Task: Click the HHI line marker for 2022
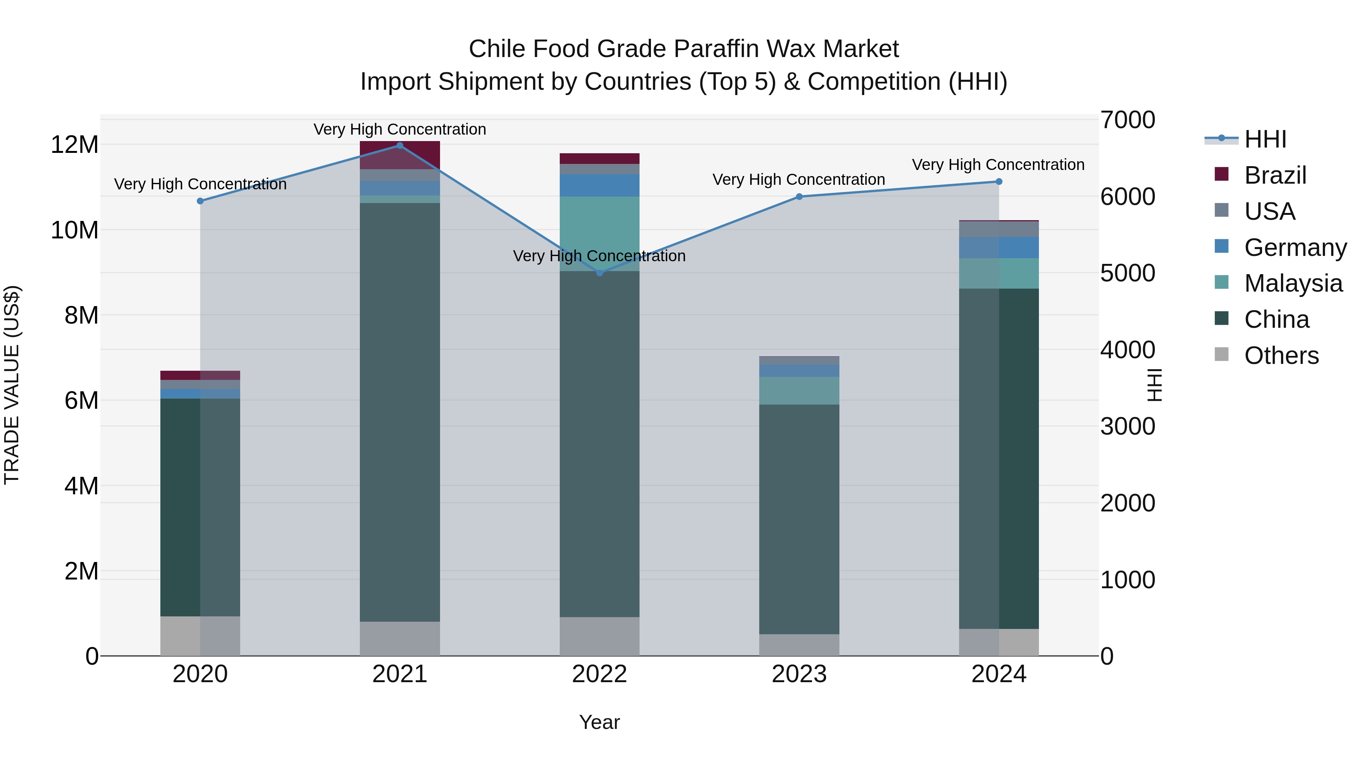(x=600, y=273)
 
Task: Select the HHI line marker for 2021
(x=400, y=145)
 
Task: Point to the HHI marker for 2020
(x=200, y=201)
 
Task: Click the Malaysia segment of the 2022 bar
(x=600, y=234)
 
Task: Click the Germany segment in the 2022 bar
(x=600, y=186)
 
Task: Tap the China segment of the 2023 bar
(x=799, y=519)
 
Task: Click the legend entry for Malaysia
(x=1293, y=283)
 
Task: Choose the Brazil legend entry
(x=1275, y=175)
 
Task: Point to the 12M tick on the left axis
(x=74, y=144)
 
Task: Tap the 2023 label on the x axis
(x=799, y=674)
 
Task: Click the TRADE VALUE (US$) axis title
(x=12, y=385)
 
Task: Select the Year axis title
(x=600, y=722)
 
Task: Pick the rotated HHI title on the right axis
(x=1154, y=385)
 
